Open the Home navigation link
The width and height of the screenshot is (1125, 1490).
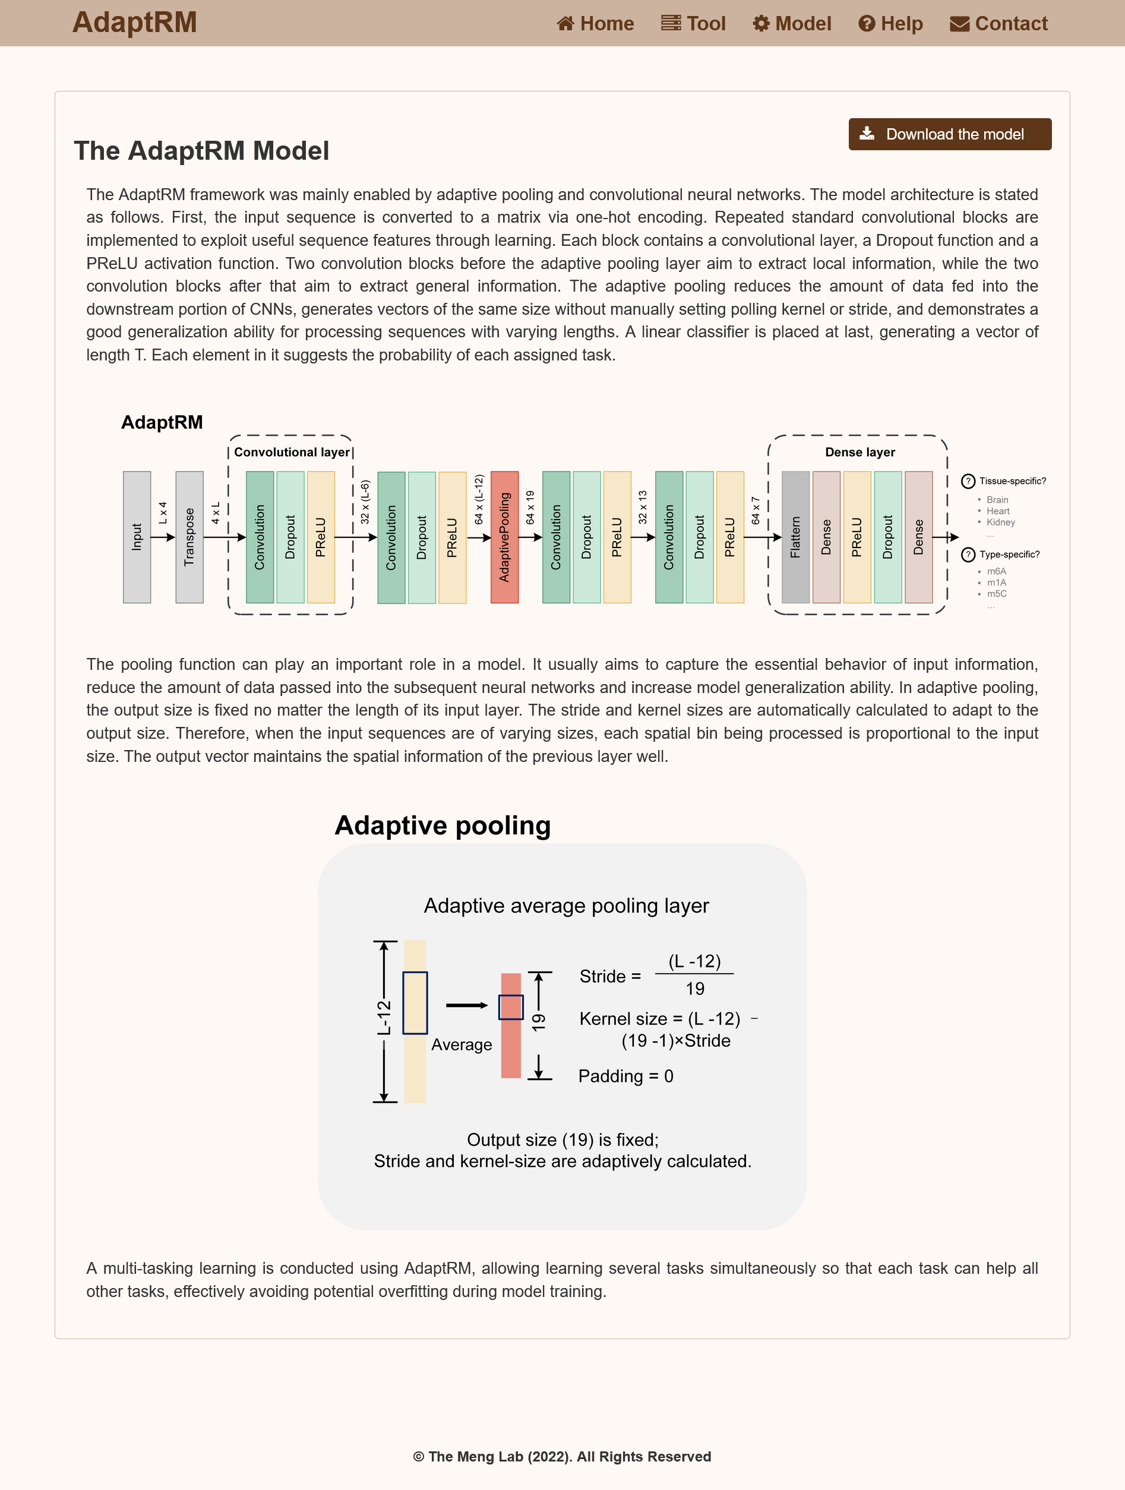(x=596, y=24)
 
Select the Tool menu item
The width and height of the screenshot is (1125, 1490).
(x=693, y=24)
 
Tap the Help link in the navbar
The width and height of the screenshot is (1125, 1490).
(x=890, y=24)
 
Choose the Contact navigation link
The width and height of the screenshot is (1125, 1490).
(x=998, y=24)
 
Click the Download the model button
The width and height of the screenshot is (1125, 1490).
(x=949, y=134)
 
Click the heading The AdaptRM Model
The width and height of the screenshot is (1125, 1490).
(x=201, y=151)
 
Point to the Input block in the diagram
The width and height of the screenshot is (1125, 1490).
(x=137, y=537)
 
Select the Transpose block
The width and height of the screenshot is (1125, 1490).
(x=189, y=537)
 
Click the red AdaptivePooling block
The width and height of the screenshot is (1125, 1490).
(x=504, y=537)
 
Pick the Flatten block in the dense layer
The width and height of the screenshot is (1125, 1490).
(x=795, y=537)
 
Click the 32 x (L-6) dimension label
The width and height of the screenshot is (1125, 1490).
(x=365, y=502)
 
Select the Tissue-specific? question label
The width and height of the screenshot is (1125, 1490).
(x=1012, y=481)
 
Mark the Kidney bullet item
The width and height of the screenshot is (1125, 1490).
(x=1000, y=522)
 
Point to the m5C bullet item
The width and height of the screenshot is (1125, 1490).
(x=996, y=593)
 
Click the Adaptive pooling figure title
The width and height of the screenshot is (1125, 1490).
(x=443, y=825)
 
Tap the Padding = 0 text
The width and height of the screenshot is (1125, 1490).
(x=626, y=1075)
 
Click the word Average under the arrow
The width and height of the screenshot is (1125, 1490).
(x=462, y=1044)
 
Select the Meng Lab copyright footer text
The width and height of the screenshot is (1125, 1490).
(x=562, y=1456)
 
